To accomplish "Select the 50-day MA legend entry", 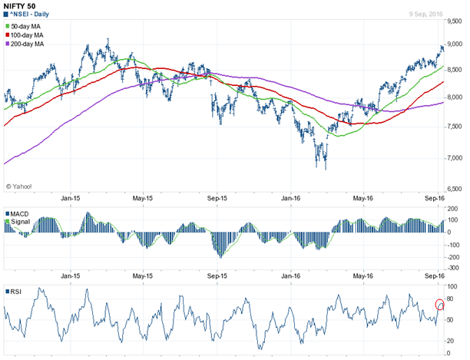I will pos(28,27).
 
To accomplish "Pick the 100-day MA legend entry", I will pos(29,36).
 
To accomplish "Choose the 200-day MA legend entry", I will pos(29,45).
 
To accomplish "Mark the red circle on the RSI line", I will pos(440,305).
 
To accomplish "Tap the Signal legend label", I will pos(20,221).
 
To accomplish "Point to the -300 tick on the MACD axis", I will pos(454,268).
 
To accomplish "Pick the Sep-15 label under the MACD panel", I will pos(217,275).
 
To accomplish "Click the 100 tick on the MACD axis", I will pos(453,220).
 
